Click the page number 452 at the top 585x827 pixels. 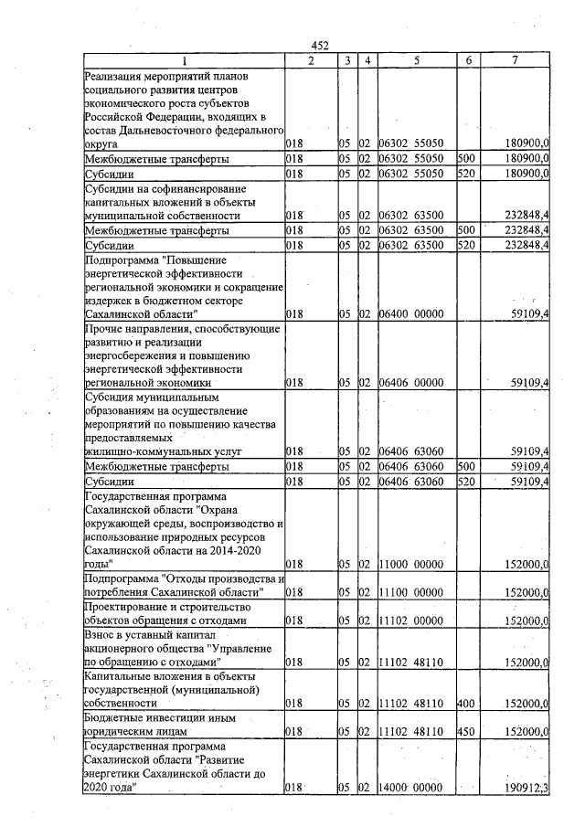click(x=320, y=47)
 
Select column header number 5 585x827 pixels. click(x=416, y=60)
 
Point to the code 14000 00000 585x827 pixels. click(x=412, y=787)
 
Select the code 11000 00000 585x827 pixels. click(x=412, y=566)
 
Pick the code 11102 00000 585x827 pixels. click(x=412, y=620)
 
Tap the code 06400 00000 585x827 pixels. click(x=412, y=313)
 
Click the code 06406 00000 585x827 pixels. click(x=412, y=383)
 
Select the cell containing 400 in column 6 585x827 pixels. click(x=465, y=703)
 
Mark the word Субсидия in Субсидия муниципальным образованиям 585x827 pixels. click(x=112, y=398)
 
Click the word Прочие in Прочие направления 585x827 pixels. click(x=105, y=328)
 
